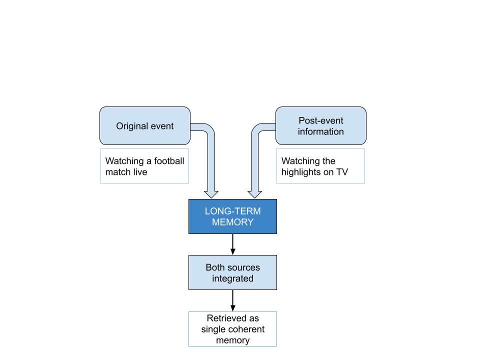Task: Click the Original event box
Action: (x=145, y=126)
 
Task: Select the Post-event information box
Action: (x=321, y=126)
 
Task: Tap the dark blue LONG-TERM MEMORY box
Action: (x=232, y=216)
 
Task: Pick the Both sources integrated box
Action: (x=232, y=272)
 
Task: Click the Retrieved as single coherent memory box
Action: (x=232, y=329)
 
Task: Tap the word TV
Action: (x=342, y=172)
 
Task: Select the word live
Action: (x=140, y=172)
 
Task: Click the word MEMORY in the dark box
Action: (x=232, y=222)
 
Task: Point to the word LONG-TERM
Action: (x=232, y=211)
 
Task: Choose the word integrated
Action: (x=232, y=278)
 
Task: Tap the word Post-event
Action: (x=321, y=120)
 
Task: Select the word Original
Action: (x=130, y=126)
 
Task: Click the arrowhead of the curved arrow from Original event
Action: (x=211, y=194)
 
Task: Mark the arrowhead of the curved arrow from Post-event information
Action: (x=254, y=194)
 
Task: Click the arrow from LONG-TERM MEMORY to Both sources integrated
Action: (x=232, y=244)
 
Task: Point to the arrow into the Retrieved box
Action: (x=232, y=300)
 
